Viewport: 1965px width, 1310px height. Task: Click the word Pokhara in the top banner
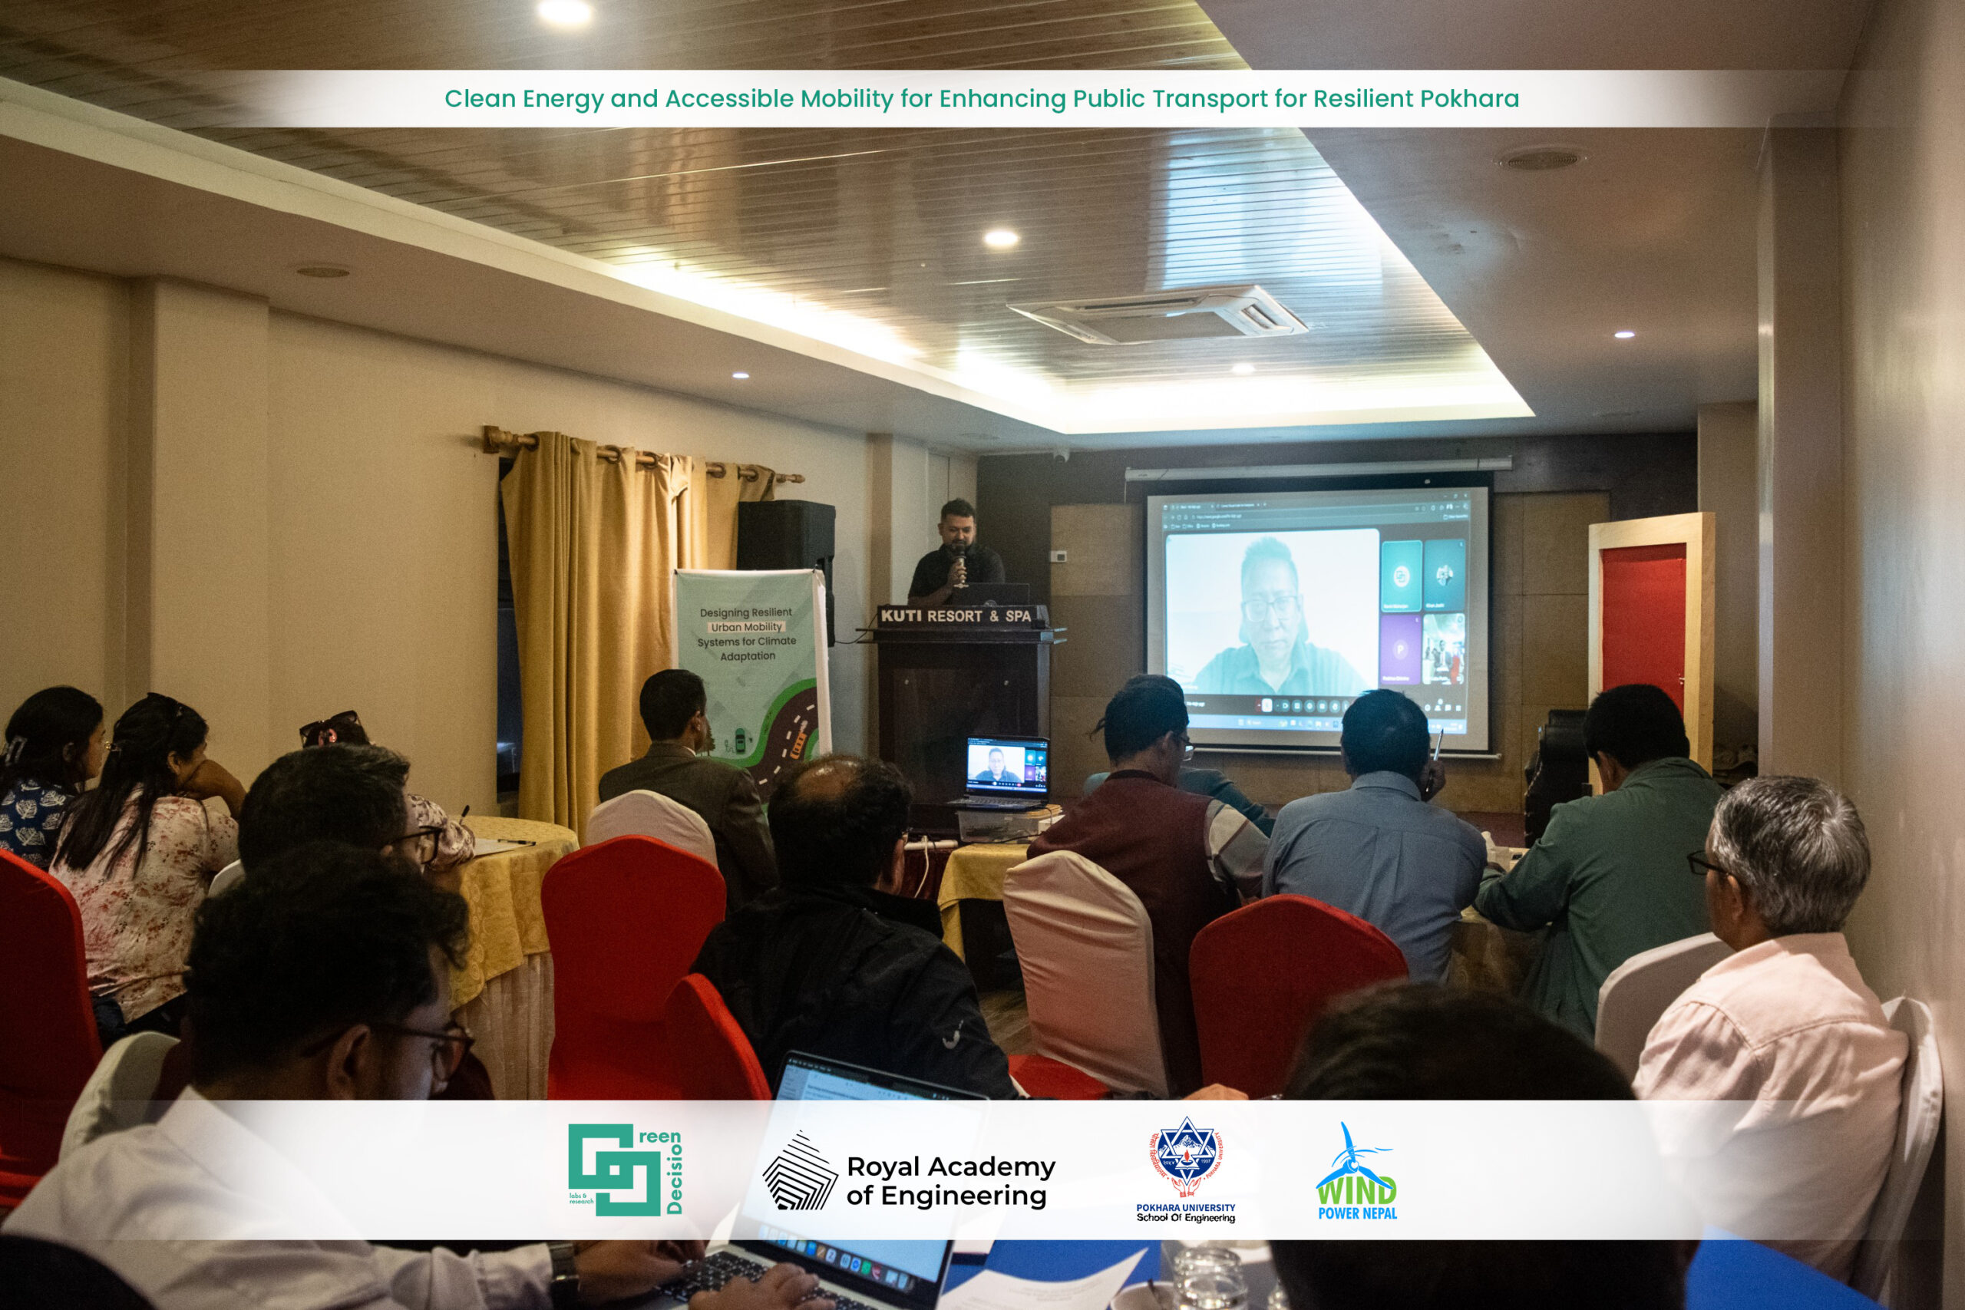pos(1468,98)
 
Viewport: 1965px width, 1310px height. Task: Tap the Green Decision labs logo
pos(624,1170)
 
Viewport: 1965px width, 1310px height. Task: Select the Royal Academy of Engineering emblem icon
pos(799,1171)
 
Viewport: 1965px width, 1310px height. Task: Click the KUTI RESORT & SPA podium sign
pos(956,615)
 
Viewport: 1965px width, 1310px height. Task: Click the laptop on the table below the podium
pos(1003,774)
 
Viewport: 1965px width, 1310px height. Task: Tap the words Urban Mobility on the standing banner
pos(746,626)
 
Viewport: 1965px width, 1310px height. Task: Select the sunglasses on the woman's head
pos(330,725)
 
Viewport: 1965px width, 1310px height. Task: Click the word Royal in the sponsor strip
pos(882,1166)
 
